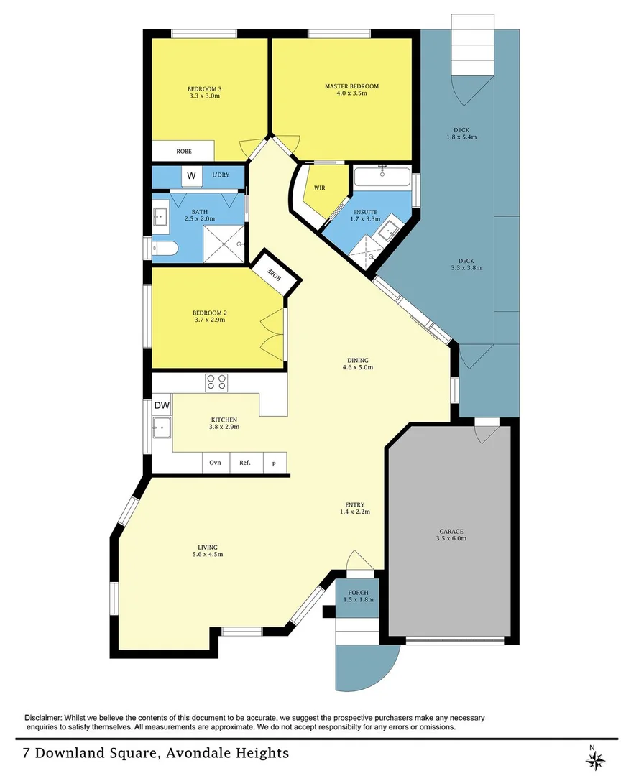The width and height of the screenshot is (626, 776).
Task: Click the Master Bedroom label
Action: pyautogui.click(x=351, y=86)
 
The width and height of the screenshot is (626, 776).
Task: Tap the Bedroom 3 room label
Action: pyautogui.click(x=204, y=89)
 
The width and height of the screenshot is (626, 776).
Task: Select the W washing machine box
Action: pyautogui.click(x=191, y=176)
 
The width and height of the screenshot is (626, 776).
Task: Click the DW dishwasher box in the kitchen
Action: pyautogui.click(x=162, y=405)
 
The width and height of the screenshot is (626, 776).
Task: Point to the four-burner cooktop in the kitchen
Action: pyautogui.click(x=216, y=382)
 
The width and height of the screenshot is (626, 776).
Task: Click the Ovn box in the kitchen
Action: pyautogui.click(x=216, y=463)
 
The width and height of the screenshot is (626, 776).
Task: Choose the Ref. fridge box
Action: pyautogui.click(x=245, y=463)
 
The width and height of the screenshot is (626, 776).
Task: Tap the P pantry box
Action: pyautogui.click(x=274, y=463)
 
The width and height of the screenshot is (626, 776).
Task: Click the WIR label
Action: pyautogui.click(x=320, y=188)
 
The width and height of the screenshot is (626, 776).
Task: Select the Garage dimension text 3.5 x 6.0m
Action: pyautogui.click(x=451, y=538)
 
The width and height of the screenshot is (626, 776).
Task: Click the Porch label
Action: pyautogui.click(x=359, y=592)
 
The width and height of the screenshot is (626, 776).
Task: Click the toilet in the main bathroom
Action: pyautogui.click(x=163, y=249)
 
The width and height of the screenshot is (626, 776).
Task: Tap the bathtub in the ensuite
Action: pyautogui.click(x=382, y=177)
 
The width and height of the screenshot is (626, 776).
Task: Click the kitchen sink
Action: pyautogui.click(x=161, y=428)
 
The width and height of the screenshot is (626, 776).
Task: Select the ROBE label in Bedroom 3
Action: pyautogui.click(x=184, y=152)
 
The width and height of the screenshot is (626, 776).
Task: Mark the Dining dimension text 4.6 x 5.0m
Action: pyautogui.click(x=358, y=367)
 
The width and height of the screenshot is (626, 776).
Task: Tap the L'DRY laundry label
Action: pyautogui.click(x=221, y=175)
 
